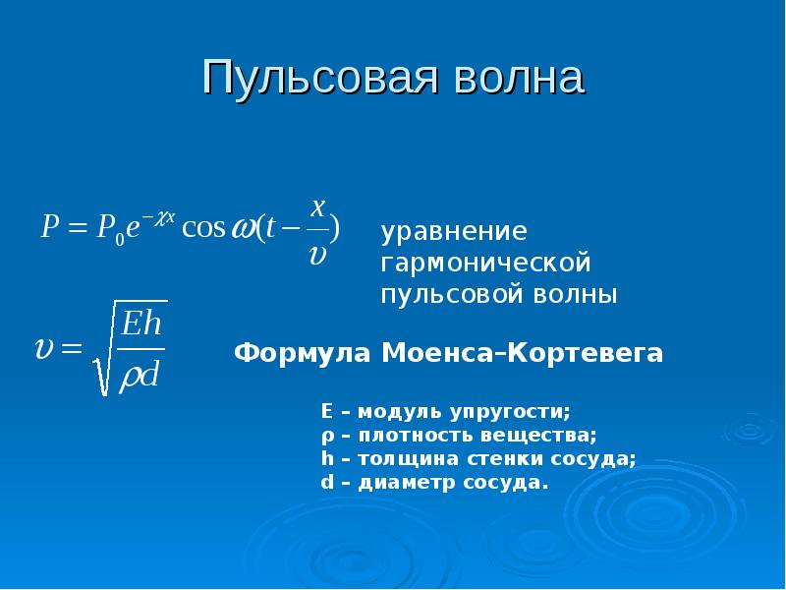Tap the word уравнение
[x=455, y=232]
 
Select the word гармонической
[x=486, y=264]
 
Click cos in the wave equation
[x=204, y=227]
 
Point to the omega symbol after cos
[x=241, y=229]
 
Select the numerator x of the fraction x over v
[x=317, y=207]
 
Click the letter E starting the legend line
[x=326, y=410]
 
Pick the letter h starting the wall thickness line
[x=326, y=459]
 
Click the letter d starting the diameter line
[x=326, y=483]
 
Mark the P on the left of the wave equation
[x=50, y=227]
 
